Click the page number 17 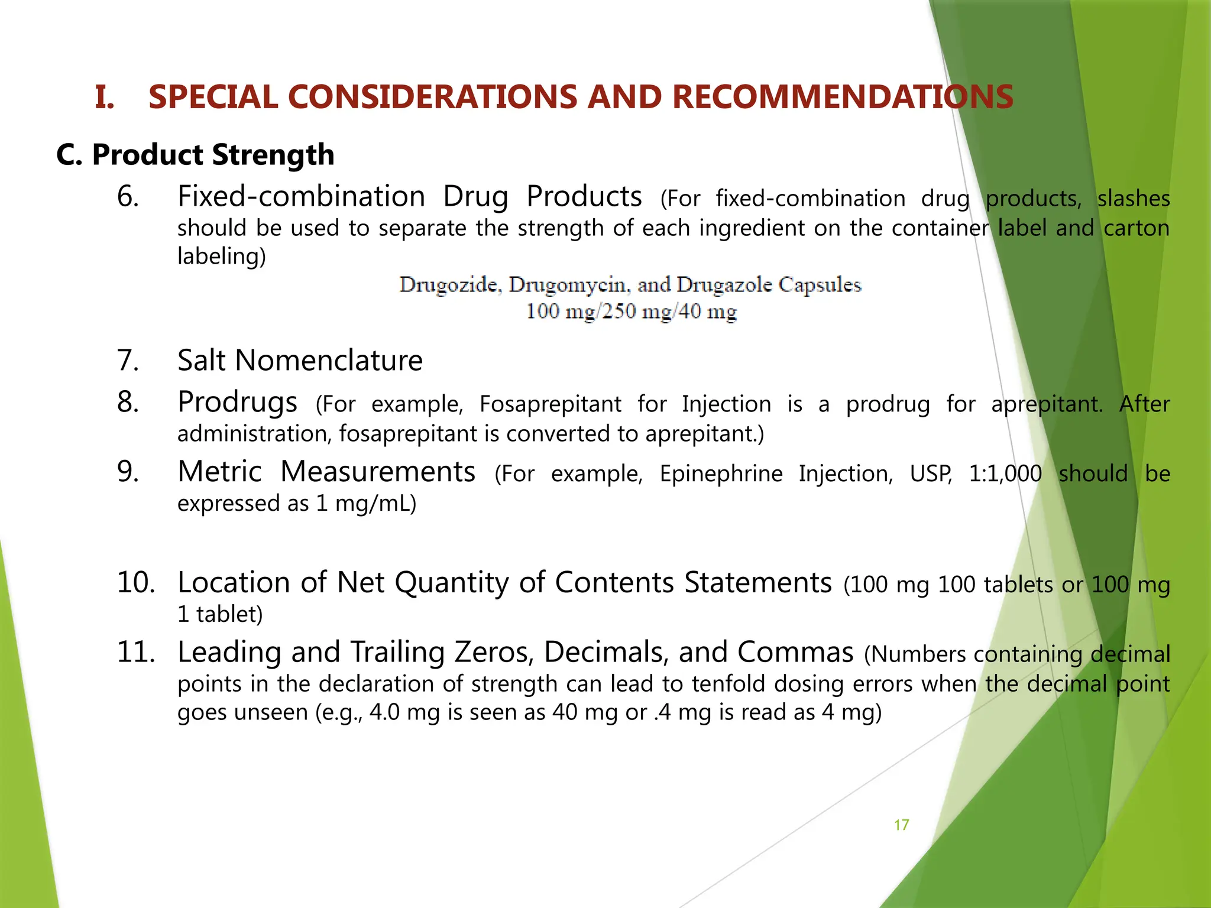(901, 825)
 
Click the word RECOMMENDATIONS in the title (843, 97)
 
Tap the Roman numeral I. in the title (105, 98)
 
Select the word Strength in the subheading (273, 155)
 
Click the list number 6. (128, 196)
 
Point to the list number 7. (128, 360)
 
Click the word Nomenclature (329, 360)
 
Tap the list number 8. (128, 402)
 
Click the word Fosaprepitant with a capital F (550, 404)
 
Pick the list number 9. (128, 472)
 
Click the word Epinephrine (721, 474)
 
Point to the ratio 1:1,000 (1005, 474)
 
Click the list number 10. (136, 582)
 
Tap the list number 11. (136, 652)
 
